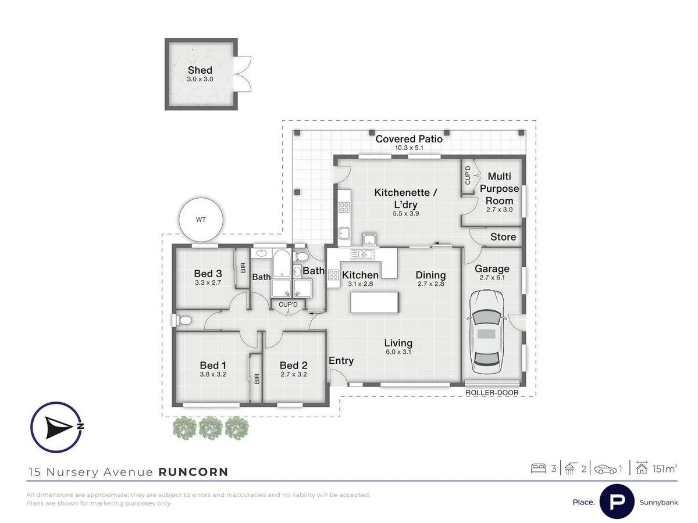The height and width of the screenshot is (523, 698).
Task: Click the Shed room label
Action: coord(200,70)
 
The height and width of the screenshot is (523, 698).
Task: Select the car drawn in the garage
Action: coord(486,331)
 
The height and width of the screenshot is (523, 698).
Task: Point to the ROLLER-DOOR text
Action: coord(492,393)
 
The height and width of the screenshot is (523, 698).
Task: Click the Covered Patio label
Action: coord(409,139)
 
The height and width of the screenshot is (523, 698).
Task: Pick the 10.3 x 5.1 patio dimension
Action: coord(409,148)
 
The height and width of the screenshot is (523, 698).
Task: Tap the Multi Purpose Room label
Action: coord(499,188)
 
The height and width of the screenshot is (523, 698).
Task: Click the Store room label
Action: coord(503,237)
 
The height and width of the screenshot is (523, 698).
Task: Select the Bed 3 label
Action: coord(208,273)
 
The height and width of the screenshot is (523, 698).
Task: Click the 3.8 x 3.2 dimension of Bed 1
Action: coord(213,374)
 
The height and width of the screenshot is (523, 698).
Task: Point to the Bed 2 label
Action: coord(294,365)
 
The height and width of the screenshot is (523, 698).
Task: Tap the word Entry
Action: coord(341,361)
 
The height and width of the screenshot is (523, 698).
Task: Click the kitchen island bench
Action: coord(374,302)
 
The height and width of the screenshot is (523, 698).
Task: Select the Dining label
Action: coord(430,275)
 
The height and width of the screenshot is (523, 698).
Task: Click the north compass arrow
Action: coord(59,428)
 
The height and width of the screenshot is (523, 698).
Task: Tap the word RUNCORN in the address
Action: coord(193,472)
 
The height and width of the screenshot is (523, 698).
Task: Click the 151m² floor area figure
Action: coord(665,469)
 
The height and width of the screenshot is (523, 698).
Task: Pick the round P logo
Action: coord(617,501)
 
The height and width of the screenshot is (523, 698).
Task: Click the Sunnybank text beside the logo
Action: coord(658,502)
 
